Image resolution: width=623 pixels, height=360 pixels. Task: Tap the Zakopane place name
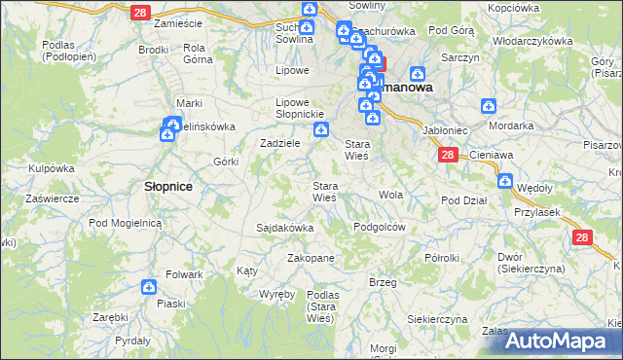(311, 258)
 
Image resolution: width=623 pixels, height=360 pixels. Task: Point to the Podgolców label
(379, 226)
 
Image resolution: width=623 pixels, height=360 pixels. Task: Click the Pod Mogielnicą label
(125, 223)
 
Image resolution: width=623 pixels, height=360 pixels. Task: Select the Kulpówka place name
(52, 168)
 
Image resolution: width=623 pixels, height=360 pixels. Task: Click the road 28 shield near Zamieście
(139, 11)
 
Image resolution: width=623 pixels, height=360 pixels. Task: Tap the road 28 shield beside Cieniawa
(447, 155)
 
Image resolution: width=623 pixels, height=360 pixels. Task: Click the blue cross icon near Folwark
(148, 287)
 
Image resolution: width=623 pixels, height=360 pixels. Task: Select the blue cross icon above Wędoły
(505, 180)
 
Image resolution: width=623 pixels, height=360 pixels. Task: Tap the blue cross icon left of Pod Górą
(418, 73)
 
